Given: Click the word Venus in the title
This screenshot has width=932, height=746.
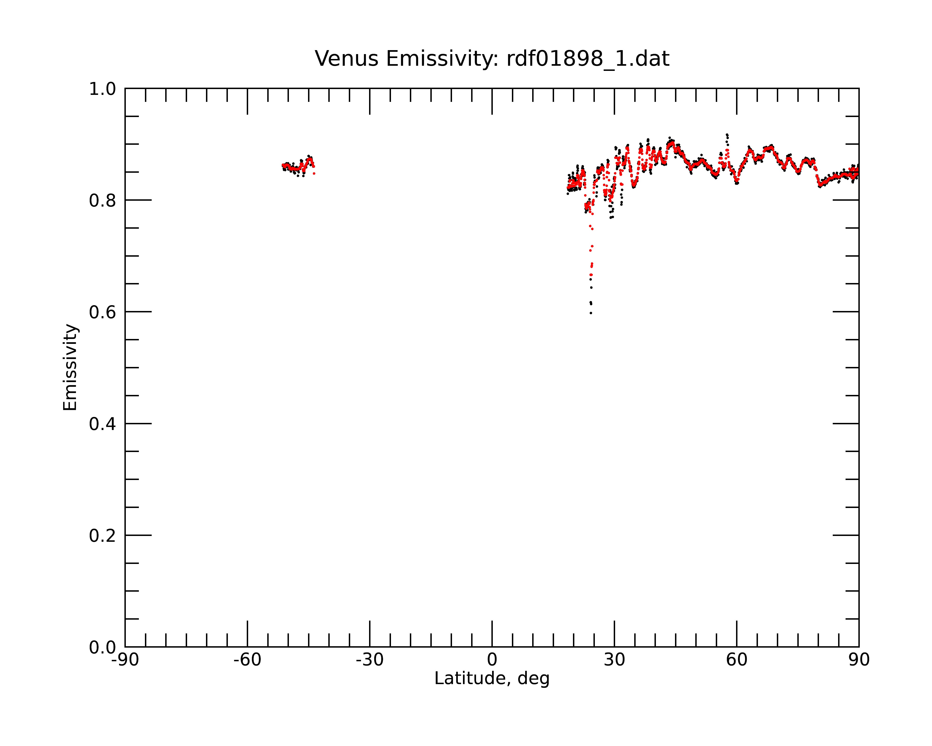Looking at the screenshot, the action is pyautogui.click(x=346, y=59).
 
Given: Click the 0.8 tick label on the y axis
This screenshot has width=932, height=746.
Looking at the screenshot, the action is pyautogui.click(x=103, y=201).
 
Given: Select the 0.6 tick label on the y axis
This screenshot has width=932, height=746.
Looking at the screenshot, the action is pyautogui.click(x=103, y=312).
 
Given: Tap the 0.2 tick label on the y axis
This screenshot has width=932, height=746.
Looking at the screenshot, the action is pyautogui.click(x=103, y=536).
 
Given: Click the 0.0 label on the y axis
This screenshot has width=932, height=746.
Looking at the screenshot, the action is pyautogui.click(x=103, y=647).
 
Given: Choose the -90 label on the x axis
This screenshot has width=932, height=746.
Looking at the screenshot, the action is pyautogui.click(x=125, y=660).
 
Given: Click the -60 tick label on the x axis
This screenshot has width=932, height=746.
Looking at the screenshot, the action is pyautogui.click(x=247, y=660).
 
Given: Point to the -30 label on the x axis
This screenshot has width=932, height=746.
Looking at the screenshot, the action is pyautogui.click(x=370, y=660).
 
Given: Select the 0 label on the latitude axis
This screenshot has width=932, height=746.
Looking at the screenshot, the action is pyautogui.click(x=492, y=660).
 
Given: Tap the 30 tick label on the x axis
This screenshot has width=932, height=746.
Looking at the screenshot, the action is pyautogui.click(x=614, y=660).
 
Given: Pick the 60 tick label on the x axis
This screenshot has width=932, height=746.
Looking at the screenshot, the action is pyautogui.click(x=737, y=660).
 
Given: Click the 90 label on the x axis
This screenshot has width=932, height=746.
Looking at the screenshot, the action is pyautogui.click(x=859, y=660).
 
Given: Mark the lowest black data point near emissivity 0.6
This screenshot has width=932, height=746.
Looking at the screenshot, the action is pyautogui.click(x=590, y=313).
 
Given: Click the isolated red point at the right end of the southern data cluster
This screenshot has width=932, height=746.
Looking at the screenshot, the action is pyautogui.click(x=314, y=173).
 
